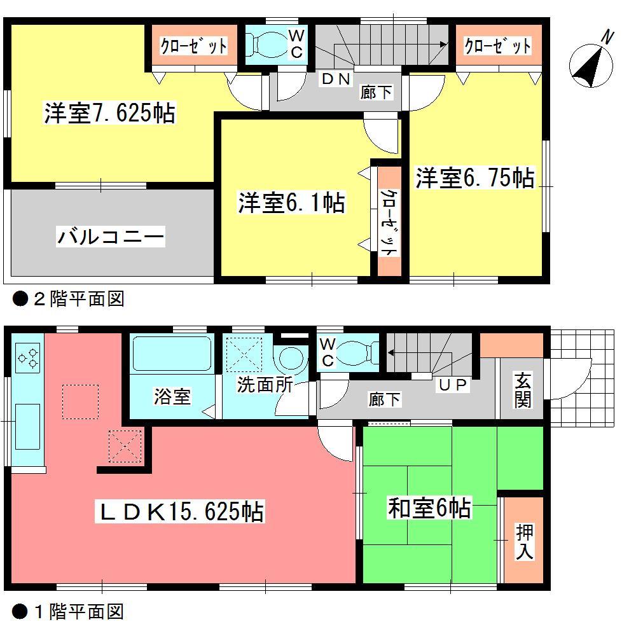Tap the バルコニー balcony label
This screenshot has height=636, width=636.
pyautogui.click(x=111, y=237)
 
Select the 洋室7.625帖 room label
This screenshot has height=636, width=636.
pyautogui.click(x=109, y=114)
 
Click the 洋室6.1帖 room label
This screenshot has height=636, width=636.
pyautogui.click(x=292, y=204)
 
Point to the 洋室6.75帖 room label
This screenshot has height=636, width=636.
pyautogui.click(x=474, y=178)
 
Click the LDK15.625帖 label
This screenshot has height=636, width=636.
pyautogui.click(x=179, y=511)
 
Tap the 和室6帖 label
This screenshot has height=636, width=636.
pyautogui.click(x=429, y=508)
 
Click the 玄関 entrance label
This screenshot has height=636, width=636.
pyautogui.click(x=523, y=391)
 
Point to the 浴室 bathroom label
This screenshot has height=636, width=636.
pyautogui.click(x=171, y=397)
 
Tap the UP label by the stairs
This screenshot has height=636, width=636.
pyautogui.click(x=452, y=384)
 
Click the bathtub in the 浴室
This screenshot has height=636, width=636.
pyautogui.click(x=172, y=356)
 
